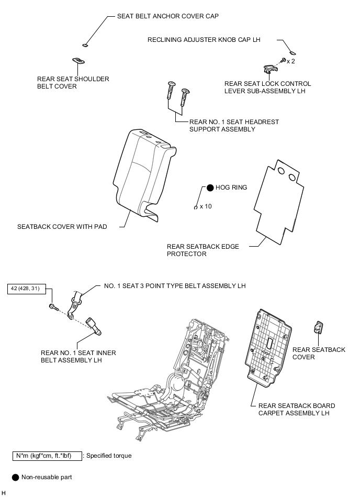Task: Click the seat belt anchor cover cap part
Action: [x=85, y=46]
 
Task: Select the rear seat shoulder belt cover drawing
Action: [x=78, y=60]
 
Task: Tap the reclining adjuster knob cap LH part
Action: [x=293, y=52]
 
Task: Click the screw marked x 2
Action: [x=284, y=60]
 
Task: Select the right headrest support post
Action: [x=185, y=97]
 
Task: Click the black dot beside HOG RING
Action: [x=210, y=188]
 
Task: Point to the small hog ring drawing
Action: [x=196, y=207]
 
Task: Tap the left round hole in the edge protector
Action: [x=281, y=171]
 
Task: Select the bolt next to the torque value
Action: [x=54, y=307]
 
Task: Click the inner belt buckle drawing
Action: [x=94, y=326]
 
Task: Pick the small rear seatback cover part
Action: [x=318, y=327]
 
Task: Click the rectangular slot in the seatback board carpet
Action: [x=270, y=343]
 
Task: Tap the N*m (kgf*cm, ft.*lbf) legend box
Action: [x=47, y=456]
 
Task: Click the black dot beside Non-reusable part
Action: [x=15, y=477]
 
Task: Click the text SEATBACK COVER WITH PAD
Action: [x=62, y=227]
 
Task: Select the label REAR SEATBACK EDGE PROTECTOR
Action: [x=203, y=250]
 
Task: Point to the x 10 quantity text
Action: [x=206, y=206]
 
